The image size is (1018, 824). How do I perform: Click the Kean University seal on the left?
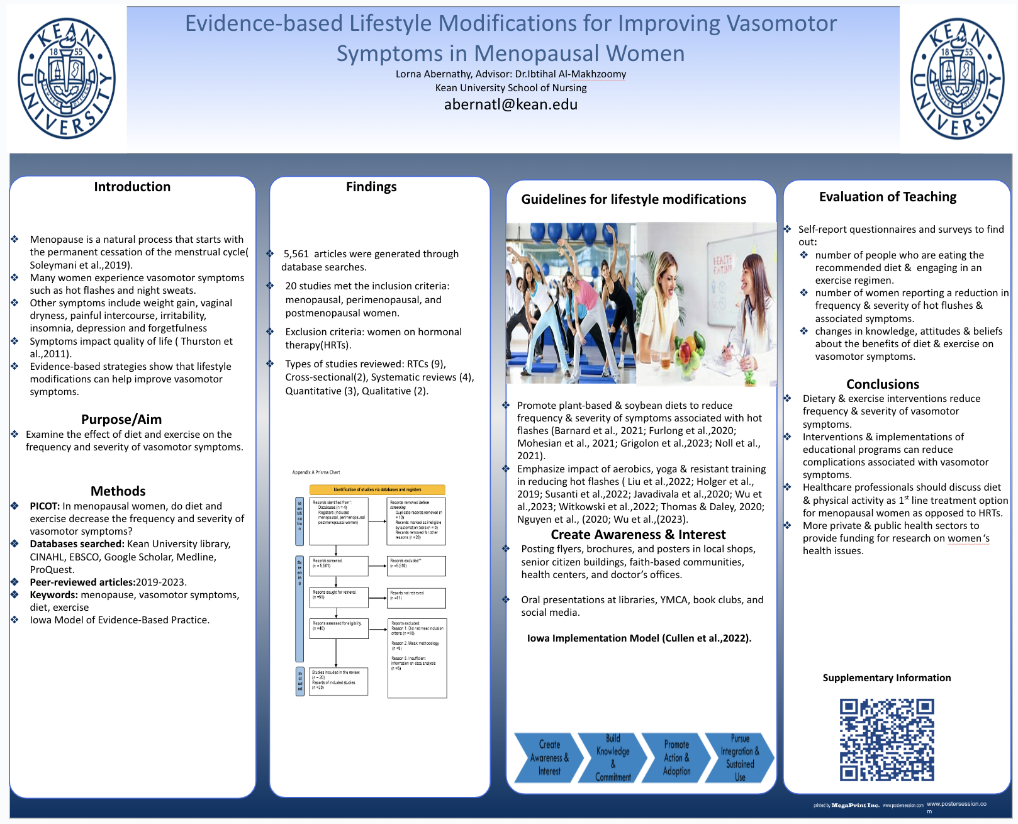pyautogui.click(x=66, y=79)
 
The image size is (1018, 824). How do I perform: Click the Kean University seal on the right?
pyautogui.click(x=958, y=79)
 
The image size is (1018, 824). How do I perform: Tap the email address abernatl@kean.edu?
pyautogui.click(x=510, y=104)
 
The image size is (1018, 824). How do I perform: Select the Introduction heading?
pyautogui.click(x=132, y=187)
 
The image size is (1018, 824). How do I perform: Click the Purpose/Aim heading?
pyautogui.click(x=121, y=420)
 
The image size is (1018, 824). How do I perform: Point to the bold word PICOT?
pyautogui.click(x=44, y=506)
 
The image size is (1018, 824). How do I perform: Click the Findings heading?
pyautogui.click(x=371, y=187)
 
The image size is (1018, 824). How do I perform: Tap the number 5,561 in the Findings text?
pyautogui.click(x=296, y=254)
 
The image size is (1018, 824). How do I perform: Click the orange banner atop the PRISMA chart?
pyautogui.click(x=378, y=489)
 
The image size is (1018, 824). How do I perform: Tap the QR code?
pyautogui.click(x=887, y=740)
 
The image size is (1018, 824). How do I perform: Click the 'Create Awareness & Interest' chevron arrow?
pyautogui.click(x=546, y=758)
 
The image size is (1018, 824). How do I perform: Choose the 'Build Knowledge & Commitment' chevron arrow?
pyautogui.click(x=612, y=758)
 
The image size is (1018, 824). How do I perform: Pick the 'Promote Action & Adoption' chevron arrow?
pyautogui.click(x=676, y=758)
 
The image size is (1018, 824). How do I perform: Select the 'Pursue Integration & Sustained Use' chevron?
pyautogui.click(x=739, y=758)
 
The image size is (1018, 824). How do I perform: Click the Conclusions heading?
pyautogui.click(x=882, y=384)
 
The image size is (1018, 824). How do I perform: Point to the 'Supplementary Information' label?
pyautogui.click(x=887, y=678)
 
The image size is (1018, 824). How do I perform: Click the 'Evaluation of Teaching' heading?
pyautogui.click(x=887, y=198)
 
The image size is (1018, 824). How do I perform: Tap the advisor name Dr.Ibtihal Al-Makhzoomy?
pyautogui.click(x=571, y=74)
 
